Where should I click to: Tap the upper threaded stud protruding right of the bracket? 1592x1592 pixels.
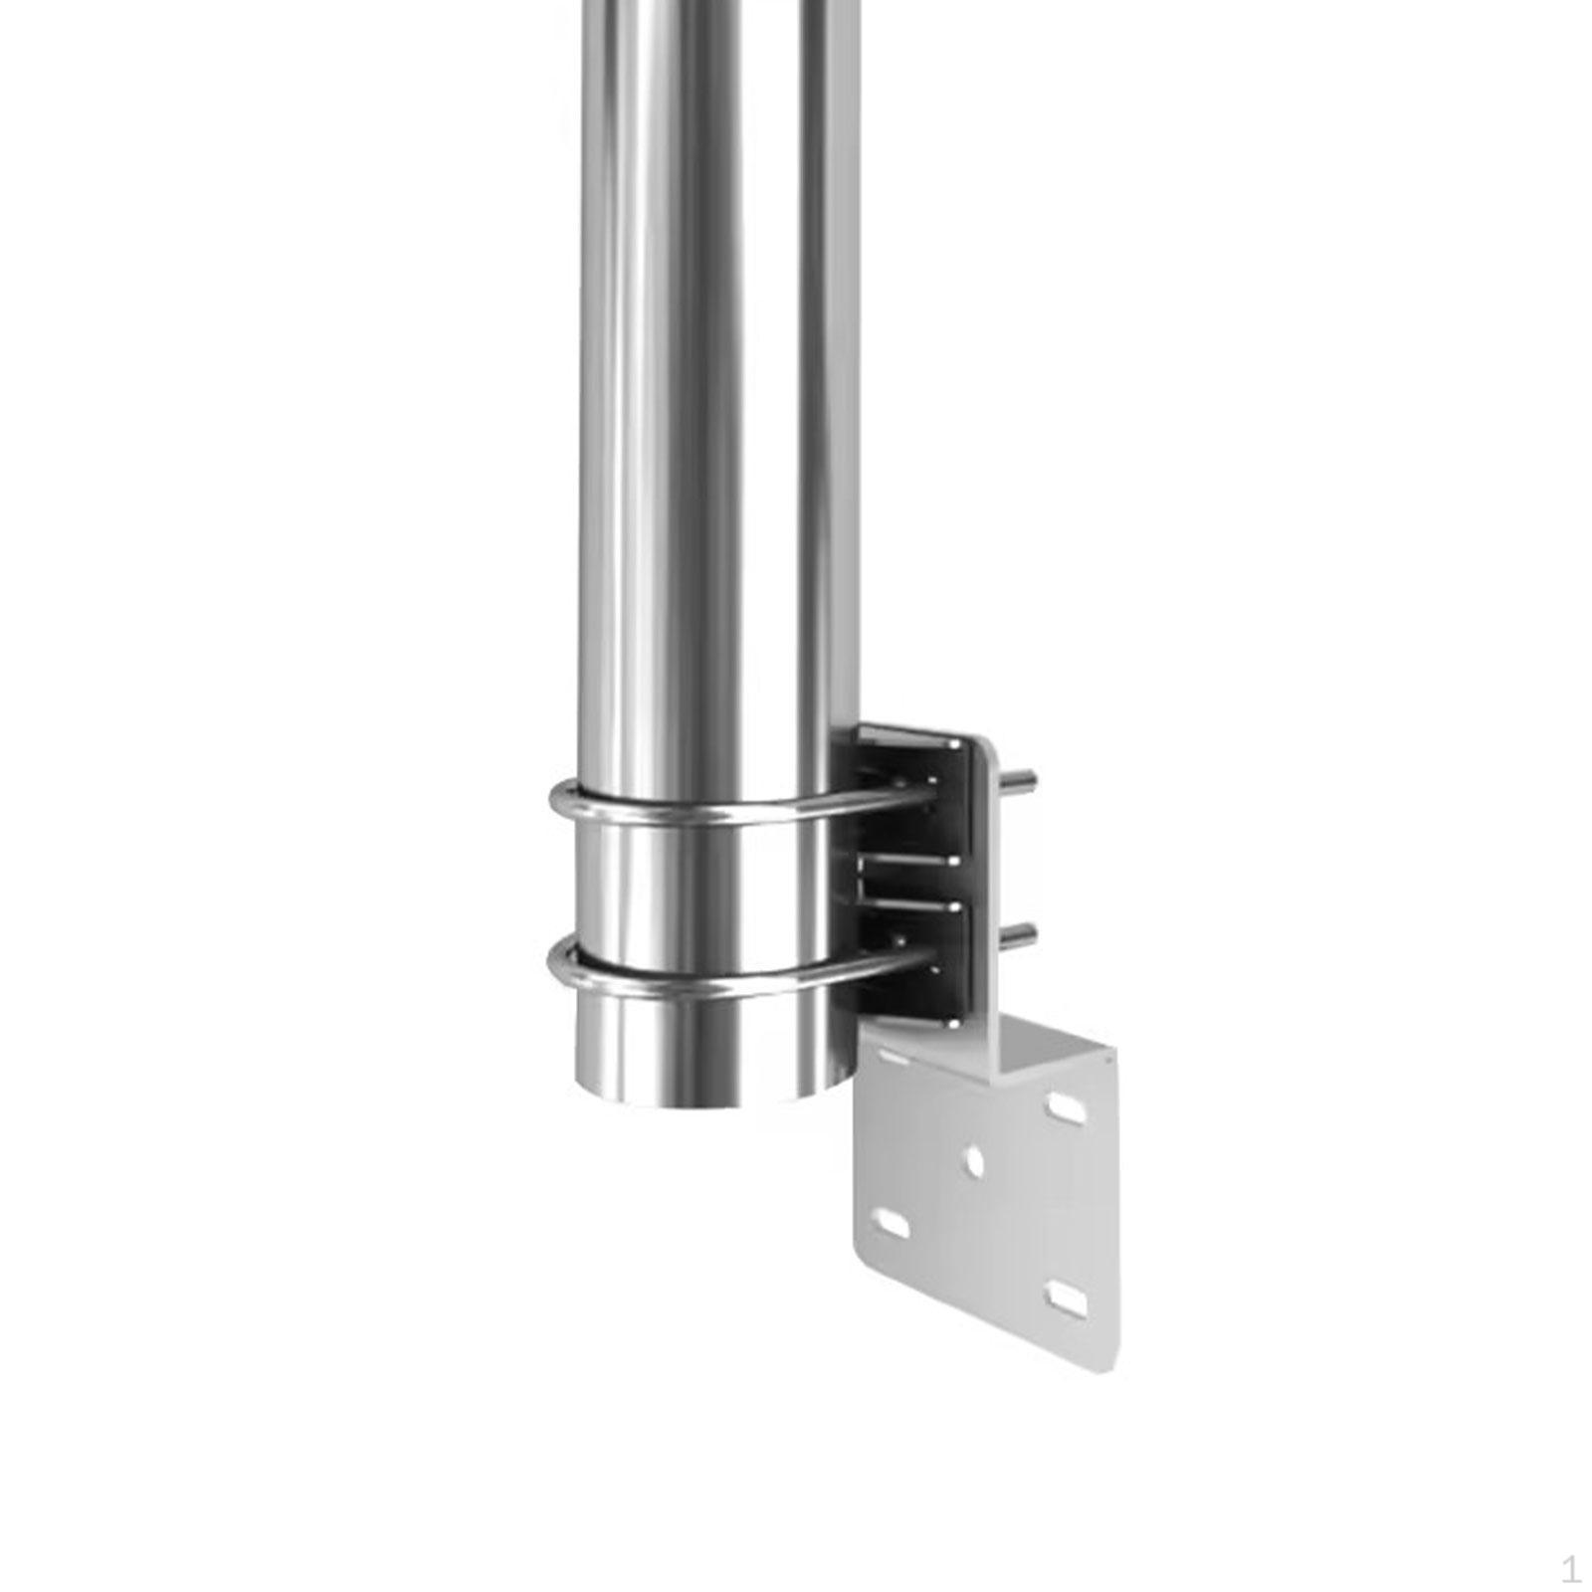(x=1022, y=779)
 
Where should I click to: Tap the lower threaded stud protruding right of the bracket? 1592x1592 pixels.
(x=1022, y=932)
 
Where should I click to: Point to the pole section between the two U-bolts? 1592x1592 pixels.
(x=696, y=886)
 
